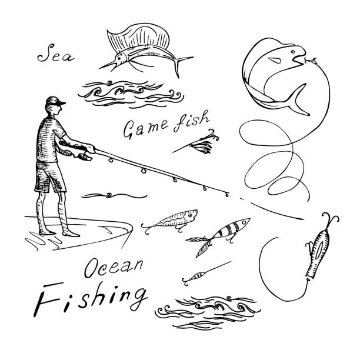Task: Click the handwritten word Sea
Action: pos(56,54)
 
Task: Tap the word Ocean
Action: pos(114,268)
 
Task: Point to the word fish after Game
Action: pos(191,121)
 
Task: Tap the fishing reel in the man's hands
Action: pos(84,156)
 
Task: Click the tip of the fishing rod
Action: pos(228,195)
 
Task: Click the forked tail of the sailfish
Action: pos(182,65)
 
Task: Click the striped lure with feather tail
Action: pos(219,235)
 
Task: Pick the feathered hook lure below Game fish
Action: pos(198,143)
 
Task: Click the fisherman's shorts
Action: pos(49,176)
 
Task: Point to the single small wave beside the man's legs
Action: pos(114,196)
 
